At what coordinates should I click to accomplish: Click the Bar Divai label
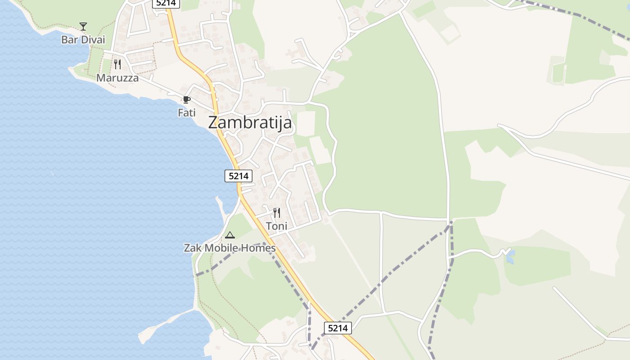[83, 40]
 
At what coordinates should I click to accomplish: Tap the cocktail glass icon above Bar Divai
[83, 26]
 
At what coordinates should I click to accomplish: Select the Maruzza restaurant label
[117, 78]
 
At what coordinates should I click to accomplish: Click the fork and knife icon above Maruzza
[117, 64]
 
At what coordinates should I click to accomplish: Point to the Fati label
[187, 112]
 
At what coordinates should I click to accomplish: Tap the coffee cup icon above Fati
[187, 99]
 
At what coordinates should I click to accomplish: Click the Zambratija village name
[250, 123]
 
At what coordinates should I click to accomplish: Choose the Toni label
[277, 226]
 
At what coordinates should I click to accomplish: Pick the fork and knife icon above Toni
[277, 212]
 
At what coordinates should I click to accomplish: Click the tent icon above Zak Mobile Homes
[230, 234]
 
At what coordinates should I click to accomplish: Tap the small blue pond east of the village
[510, 257]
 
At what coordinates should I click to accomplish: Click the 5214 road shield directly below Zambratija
[238, 176]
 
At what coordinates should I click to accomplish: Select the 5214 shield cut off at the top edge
[166, 3]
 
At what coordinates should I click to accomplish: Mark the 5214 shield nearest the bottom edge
[338, 328]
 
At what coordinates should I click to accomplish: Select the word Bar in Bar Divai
[69, 40]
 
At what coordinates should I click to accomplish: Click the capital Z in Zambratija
[213, 123]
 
